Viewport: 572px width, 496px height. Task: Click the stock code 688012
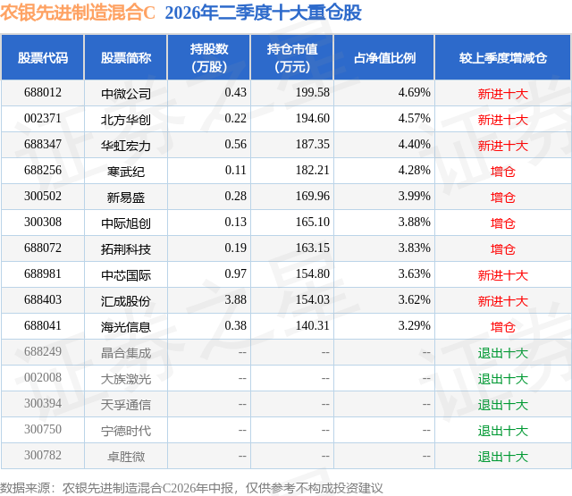[x=43, y=92]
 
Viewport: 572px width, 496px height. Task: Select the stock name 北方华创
[x=126, y=120]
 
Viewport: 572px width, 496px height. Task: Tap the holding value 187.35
[x=313, y=144]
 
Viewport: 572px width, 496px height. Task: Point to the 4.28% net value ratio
[x=414, y=170]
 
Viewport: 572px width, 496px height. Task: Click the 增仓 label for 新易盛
[x=503, y=198]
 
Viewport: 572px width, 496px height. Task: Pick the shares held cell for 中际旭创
[x=236, y=222]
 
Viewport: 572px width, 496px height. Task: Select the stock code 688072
[x=43, y=248]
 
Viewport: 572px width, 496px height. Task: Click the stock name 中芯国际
[x=126, y=275]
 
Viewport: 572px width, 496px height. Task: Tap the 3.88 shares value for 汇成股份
[x=236, y=299]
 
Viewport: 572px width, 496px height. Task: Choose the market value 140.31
[x=313, y=325]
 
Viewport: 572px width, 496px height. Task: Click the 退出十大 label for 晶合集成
[x=503, y=353]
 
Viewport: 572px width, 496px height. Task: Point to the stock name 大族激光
[x=126, y=379]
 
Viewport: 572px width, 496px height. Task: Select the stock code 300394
[x=43, y=403]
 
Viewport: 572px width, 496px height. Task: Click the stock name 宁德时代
[x=126, y=431]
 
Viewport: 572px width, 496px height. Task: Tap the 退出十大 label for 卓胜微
[x=503, y=457]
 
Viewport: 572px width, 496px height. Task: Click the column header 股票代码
[x=43, y=57]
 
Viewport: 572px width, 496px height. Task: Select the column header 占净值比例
[x=384, y=57]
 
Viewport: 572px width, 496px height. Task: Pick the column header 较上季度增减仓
[x=503, y=57]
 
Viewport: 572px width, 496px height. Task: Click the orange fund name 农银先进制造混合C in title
[x=78, y=13]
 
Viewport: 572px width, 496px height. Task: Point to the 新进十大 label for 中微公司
[x=503, y=94]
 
